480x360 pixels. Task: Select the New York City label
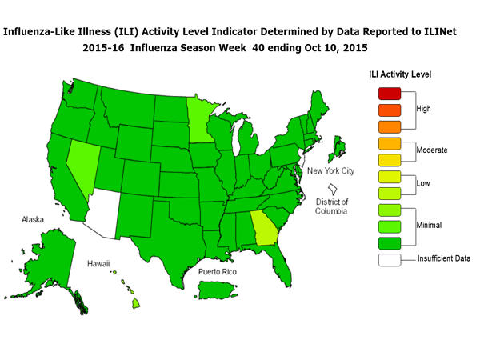(x=331, y=172)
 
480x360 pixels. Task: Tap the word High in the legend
(x=425, y=108)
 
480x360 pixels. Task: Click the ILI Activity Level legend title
(x=400, y=74)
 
